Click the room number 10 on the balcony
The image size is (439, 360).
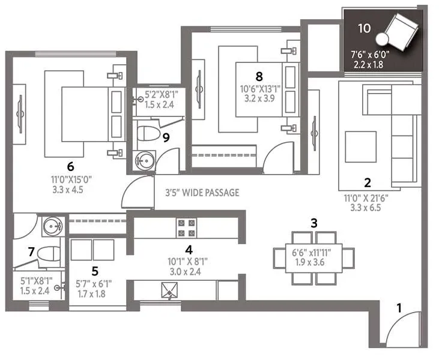pyautogui.click(x=363, y=28)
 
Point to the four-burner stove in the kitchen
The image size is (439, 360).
pyautogui.click(x=185, y=228)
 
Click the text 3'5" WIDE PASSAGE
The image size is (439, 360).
pyautogui.click(x=202, y=193)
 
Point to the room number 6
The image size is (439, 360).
pyautogui.click(x=70, y=166)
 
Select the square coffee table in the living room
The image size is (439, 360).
pyautogui.click(x=360, y=146)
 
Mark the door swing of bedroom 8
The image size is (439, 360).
pyautogui.click(x=277, y=157)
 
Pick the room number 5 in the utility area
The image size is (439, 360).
pyautogui.click(x=95, y=270)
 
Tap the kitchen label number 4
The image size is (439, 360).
pyautogui.click(x=189, y=250)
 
